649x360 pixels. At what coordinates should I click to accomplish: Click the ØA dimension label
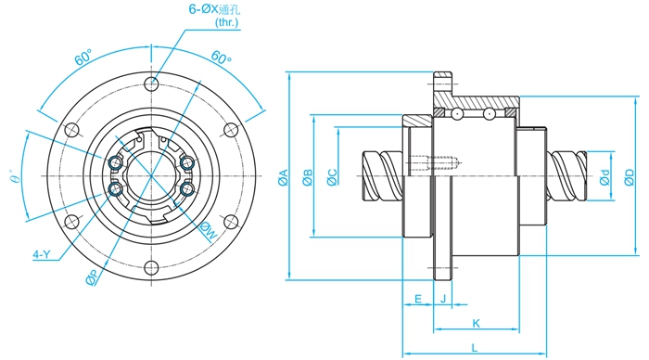coord(283,177)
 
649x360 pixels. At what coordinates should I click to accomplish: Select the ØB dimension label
coord(308,177)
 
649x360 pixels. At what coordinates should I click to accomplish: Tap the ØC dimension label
coord(332,177)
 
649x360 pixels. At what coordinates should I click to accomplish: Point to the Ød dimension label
coord(604,177)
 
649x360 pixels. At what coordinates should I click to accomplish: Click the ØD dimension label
coord(630,177)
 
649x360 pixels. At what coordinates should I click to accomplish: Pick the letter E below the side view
coord(418,299)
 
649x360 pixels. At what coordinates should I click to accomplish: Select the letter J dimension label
coord(443,299)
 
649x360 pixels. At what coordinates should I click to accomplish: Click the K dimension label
coord(476,323)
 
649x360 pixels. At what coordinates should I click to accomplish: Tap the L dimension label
coord(475,348)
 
